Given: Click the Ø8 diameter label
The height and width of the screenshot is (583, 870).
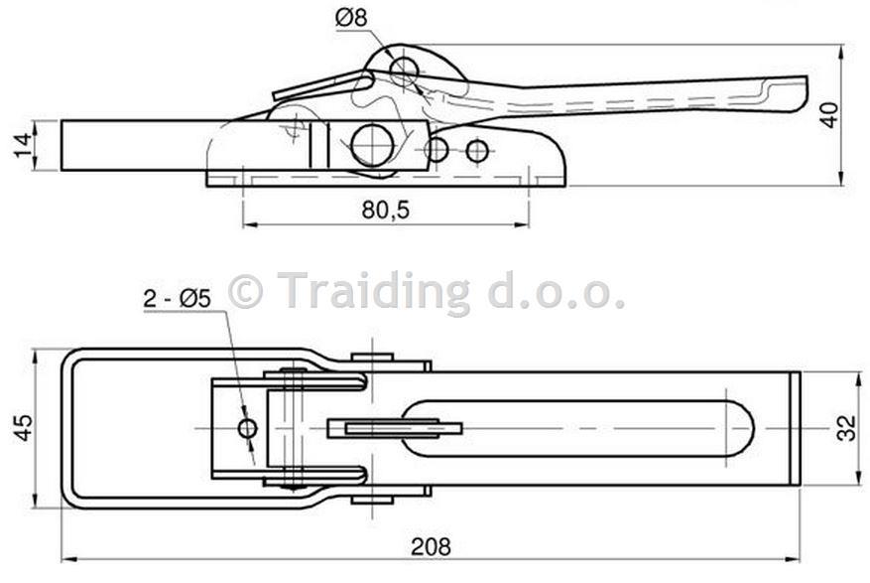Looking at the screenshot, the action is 351,18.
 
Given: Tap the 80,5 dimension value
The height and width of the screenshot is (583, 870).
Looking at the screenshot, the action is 386,210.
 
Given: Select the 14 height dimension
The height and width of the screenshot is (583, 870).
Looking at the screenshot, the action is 23,145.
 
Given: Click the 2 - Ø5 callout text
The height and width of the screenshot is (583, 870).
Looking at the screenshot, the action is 177,299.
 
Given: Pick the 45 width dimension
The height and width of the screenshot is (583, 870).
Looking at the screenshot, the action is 23,427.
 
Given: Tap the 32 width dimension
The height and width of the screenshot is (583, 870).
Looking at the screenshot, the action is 847,428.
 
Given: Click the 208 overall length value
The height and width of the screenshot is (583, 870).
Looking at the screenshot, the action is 431,547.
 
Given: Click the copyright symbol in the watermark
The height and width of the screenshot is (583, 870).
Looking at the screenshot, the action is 245,290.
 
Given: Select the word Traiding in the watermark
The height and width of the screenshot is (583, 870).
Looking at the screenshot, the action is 373,292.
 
